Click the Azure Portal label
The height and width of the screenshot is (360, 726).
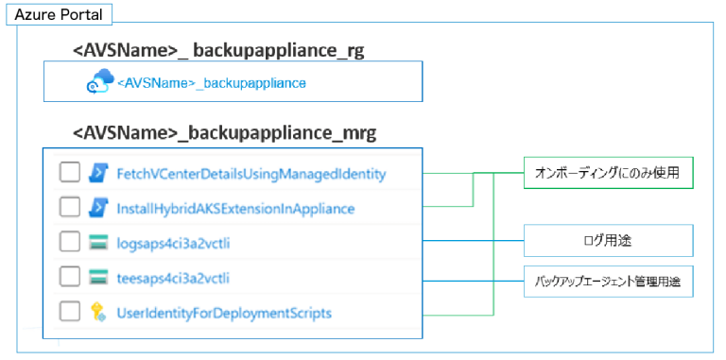58,15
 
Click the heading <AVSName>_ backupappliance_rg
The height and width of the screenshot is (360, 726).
217,48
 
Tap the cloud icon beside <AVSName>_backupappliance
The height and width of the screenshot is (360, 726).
99,83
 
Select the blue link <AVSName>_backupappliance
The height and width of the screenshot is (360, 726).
212,83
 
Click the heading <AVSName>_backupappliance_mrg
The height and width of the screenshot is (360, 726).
224,133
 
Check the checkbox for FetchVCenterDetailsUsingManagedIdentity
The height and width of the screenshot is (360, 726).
69,173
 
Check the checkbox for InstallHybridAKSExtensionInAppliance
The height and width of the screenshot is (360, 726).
69,207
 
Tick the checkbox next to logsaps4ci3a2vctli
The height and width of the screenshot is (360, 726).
69,242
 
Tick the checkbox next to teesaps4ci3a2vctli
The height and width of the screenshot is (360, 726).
69,277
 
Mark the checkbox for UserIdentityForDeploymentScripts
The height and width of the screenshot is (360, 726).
69,312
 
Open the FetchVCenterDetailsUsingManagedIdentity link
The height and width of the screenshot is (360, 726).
251,174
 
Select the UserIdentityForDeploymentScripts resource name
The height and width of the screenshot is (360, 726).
224,313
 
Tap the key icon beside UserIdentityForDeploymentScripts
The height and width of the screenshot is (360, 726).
99,312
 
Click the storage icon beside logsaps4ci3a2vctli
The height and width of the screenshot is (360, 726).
99,242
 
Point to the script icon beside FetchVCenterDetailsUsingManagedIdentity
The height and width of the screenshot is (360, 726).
99,173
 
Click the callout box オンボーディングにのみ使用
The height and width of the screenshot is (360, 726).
608,173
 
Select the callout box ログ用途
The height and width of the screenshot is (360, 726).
608,241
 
